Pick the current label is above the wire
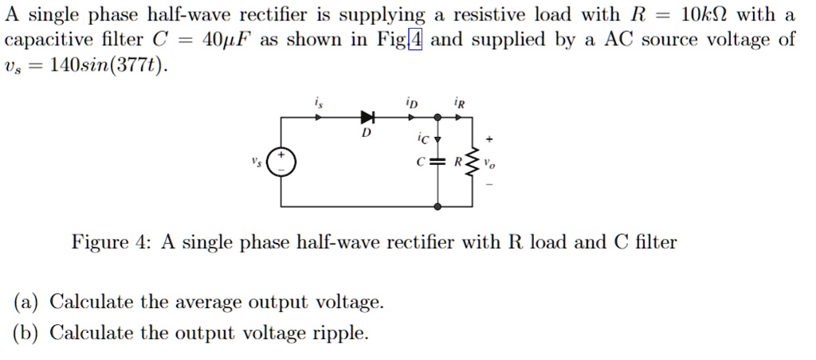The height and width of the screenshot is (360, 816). click(319, 103)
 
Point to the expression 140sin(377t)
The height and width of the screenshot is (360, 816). click(108, 65)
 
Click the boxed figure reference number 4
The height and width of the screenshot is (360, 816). click(414, 40)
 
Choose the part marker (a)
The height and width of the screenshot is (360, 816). click(28, 303)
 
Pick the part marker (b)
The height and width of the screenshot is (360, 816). click(28, 333)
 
